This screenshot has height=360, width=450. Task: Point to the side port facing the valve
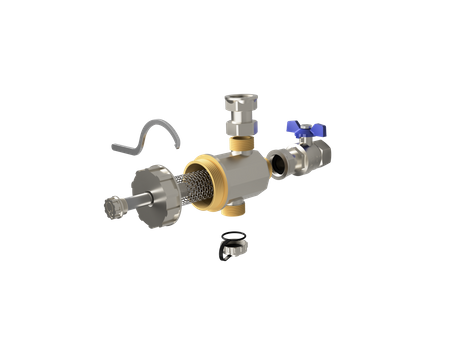point(275,160)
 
